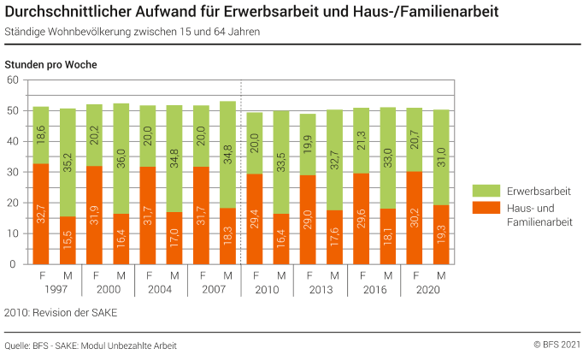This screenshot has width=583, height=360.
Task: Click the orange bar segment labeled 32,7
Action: (x=41, y=214)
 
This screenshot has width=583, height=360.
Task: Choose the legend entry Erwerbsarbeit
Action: (x=538, y=191)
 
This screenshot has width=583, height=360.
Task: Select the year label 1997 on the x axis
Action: (x=54, y=289)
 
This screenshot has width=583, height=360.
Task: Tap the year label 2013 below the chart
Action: (x=319, y=289)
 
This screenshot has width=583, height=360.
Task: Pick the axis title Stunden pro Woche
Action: (x=50, y=65)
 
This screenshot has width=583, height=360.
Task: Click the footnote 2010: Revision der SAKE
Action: (x=61, y=312)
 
